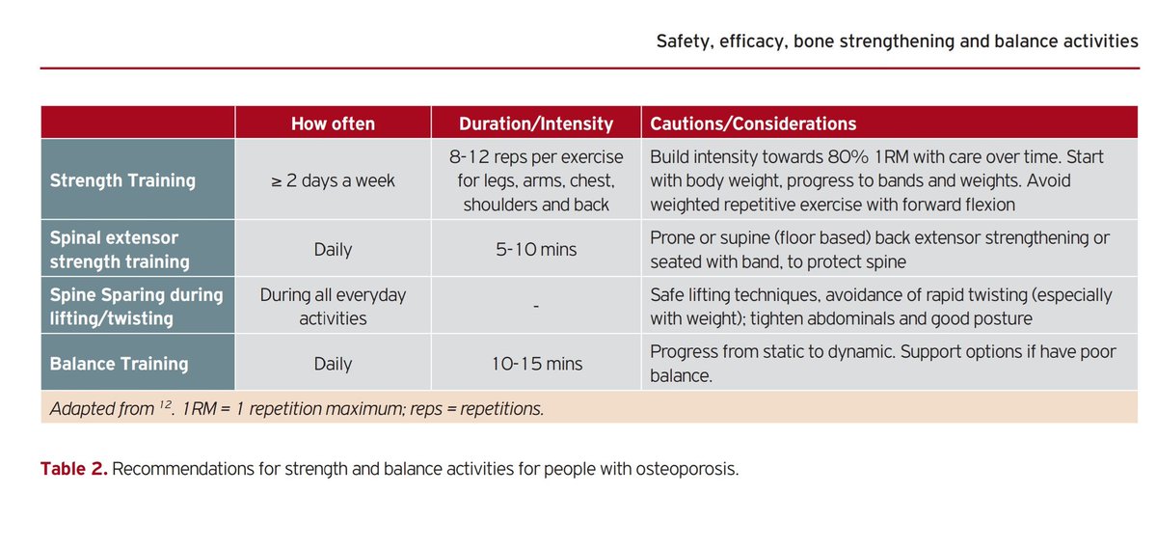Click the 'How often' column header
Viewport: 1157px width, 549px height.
[x=333, y=124]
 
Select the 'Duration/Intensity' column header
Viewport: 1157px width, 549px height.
[x=535, y=124]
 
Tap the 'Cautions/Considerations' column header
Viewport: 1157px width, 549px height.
[x=753, y=124]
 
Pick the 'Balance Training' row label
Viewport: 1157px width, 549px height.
[x=119, y=364]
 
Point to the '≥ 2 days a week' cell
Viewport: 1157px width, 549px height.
[x=333, y=180]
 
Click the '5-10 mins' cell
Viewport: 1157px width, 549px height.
[x=535, y=250]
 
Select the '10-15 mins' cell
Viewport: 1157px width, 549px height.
[x=535, y=364]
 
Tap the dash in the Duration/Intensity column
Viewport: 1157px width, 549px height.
[x=535, y=307]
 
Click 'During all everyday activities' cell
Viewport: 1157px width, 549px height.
[x=333, y=306]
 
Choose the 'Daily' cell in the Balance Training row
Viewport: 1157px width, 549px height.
[x=333, y=364]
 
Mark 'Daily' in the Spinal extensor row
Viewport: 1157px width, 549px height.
[x=333, y=250]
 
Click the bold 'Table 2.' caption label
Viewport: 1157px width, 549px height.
[x=73, y=469]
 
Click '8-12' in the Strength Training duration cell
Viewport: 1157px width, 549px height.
[x=469, y=156]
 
